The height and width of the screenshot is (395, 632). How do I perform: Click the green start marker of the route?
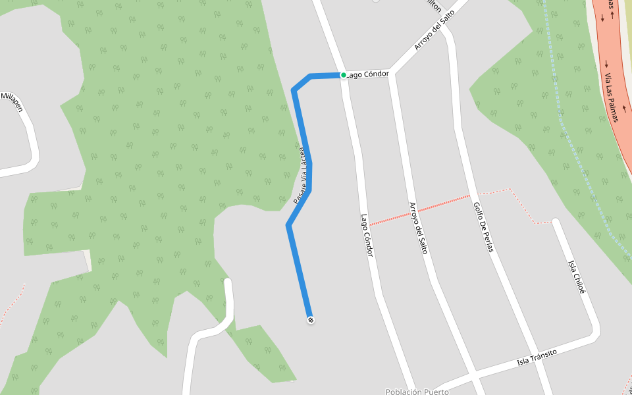coord(344,75)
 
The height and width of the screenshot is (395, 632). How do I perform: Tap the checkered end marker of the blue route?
coord(311,320)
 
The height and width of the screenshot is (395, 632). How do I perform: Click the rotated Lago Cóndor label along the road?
coord(367,235)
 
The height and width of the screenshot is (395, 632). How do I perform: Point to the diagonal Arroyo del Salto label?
coord(434,30)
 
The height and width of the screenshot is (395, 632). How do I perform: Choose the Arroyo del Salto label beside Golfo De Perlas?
coord(418,228)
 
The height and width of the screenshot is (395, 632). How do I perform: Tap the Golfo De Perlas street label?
coord(483,228)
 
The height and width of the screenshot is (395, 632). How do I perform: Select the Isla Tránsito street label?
coord(537,357)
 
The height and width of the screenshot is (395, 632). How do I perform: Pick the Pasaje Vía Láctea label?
coord(300,175)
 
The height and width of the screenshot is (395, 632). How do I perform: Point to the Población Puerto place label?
coord(417,392)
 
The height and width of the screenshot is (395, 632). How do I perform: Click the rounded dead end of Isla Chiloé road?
coord(556,223)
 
